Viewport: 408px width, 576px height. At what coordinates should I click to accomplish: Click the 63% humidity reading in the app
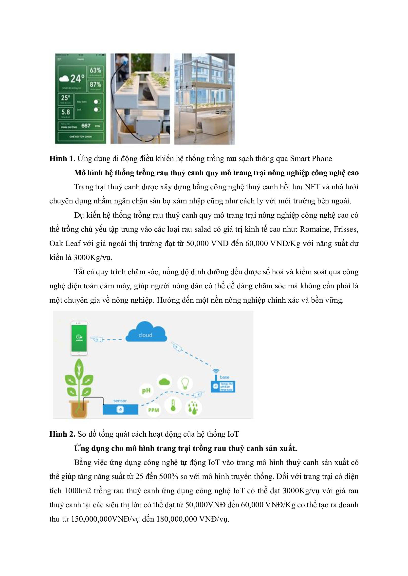coord(95,70)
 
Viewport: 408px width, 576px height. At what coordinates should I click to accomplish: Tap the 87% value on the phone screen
coord(95,84)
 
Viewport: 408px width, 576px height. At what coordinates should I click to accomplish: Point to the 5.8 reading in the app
coord(66,112)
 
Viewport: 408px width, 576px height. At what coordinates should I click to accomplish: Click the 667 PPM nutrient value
coord(86,126)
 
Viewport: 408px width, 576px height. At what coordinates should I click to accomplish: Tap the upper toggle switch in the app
coord(97,102)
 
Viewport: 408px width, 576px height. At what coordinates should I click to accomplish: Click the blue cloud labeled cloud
coord(146,333)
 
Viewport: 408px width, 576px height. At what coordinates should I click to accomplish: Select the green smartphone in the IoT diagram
coord(79,338)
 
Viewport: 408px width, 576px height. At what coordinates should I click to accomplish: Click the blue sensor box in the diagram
coord(120,410)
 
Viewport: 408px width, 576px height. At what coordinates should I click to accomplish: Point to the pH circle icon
coord(146,391)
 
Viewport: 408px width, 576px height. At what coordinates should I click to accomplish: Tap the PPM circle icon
coord(153,410)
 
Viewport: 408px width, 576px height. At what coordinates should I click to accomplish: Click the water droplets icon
coord(193,408)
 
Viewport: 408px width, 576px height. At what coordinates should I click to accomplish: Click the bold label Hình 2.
coord(62,434)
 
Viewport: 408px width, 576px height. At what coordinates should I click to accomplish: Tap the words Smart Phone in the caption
coord(311,159)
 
